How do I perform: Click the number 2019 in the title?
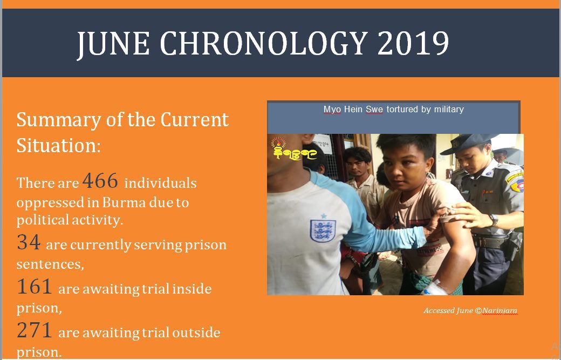(x=413, y=43)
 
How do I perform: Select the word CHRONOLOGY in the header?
(x=264, y=43)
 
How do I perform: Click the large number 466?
(x=100, y=181)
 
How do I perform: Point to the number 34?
(x=29, y=242)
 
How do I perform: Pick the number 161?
(x=35, y=286)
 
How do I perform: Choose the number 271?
(x=35, y=330)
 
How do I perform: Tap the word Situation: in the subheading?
(x=59, y=145)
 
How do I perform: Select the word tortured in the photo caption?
(x=402, y=109)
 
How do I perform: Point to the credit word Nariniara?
(x=500, y=311)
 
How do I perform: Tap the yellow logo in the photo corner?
(x=292, y=149)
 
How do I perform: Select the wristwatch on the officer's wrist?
(x=494, y=219)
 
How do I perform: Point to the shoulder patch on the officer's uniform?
(x=516, y=182)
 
